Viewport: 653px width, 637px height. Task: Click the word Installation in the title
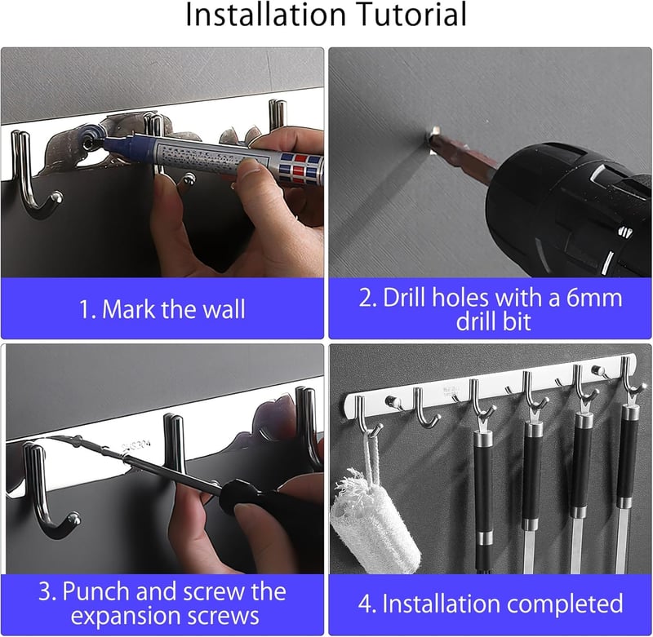pyautogui.click(x=265, y=15)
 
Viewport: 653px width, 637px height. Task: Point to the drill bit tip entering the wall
pyautogui.click(x=433, y=134)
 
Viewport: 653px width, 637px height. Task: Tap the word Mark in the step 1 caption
pyautogui.click(x=127, y=309)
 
